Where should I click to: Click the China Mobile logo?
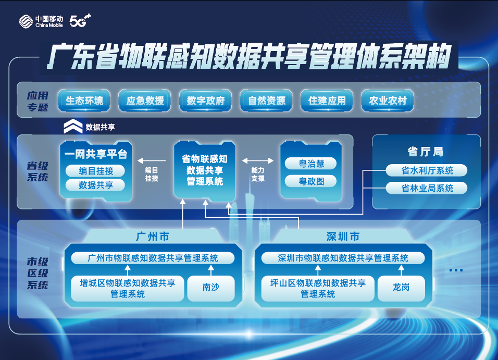pos(41,21)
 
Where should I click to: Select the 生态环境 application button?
pos(84,101)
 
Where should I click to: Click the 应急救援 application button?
pos(145,101)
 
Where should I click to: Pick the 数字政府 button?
pos(205,101)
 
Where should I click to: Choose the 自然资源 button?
pos(266,101)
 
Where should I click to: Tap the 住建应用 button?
pos(327,101)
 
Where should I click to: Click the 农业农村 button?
pos(388,101)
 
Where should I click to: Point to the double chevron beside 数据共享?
pos(73,126)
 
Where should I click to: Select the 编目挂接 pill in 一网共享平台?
pos(95,171)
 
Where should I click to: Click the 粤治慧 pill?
pos(311,164)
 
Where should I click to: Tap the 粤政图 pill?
pos(311,181)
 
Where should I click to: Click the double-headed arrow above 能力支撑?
pos(257,161)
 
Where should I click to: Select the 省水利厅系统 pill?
pos(427,170)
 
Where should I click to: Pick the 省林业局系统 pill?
pos(427,188)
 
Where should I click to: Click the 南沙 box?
pos(211,288)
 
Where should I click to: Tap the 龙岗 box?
pos(401,288)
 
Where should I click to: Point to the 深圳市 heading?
pos(343,237)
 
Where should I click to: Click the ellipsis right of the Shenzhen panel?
pos(456,270)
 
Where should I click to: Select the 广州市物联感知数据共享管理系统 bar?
pos(153,258)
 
